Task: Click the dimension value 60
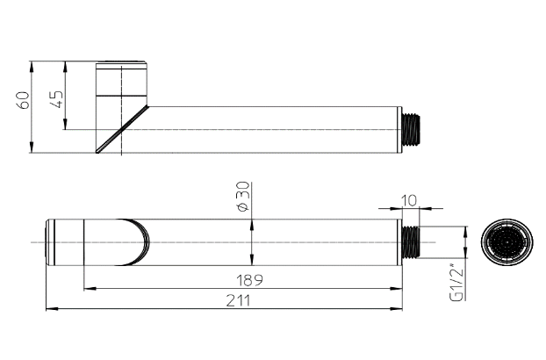point(24,99)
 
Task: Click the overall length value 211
point(235,300)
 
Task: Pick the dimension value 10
point(408,200)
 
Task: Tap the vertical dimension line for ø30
point(252,241)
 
